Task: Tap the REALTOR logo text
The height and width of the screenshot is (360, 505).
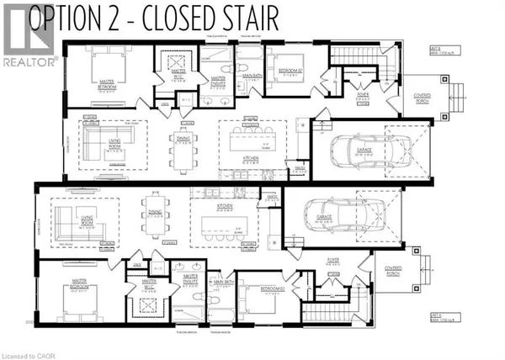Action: (x=29, y=61)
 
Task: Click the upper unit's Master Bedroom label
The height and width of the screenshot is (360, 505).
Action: (x=107, y=85)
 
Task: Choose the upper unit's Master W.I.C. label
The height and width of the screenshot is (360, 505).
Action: (x=178, y=75)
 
